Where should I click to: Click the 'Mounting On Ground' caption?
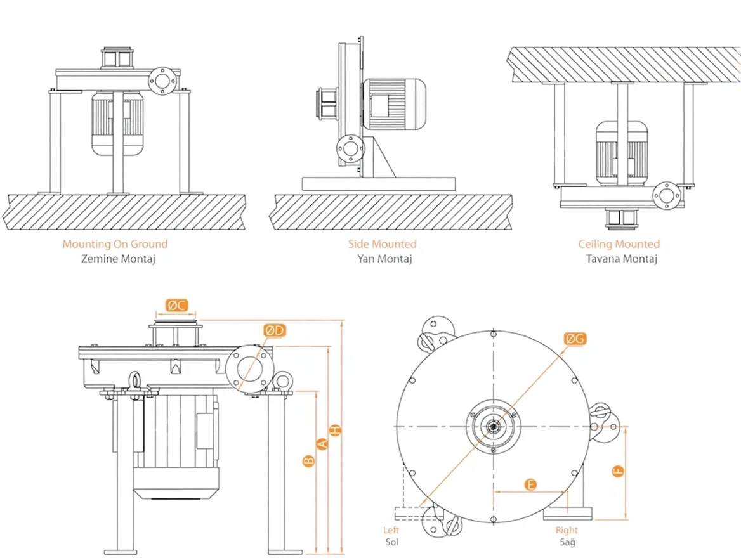115,243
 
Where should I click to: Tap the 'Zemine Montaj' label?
115,259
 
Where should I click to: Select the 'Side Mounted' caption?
382,243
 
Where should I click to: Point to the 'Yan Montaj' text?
382,259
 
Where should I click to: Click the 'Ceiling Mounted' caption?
619,243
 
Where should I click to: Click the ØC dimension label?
177,305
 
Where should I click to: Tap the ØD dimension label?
276,330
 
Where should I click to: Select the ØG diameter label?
575,339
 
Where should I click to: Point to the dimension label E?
532,485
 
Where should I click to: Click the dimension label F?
618,471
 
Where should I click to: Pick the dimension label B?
308,461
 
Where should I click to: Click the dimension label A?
322,445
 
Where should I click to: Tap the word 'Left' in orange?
391,530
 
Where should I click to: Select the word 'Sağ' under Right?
567,542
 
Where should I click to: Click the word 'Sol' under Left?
391,542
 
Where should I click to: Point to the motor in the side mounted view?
393,105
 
